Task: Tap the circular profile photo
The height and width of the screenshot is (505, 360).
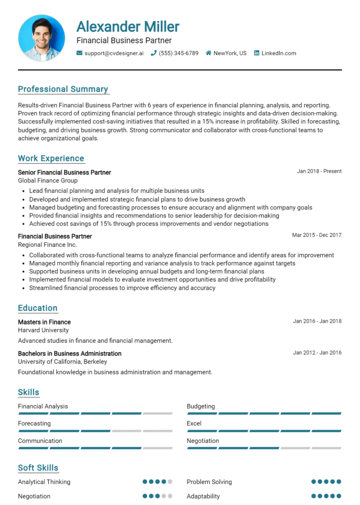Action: pyautogui.click(x=41, y=37)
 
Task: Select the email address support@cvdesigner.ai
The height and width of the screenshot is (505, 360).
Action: pyautogui.click(x=114, y=53)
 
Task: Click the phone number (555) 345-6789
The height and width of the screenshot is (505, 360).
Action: pyautogui.click(x=179, y=53)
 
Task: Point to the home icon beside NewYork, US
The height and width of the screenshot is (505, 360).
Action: pyautogui.click(x=209, y=53)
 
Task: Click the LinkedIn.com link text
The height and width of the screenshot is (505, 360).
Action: pyautogui.click(x=278, y=53)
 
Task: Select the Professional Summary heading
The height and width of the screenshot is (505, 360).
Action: pyautogui.click(x=63, y=89)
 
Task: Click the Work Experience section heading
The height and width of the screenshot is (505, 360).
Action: pyautogui.click(x=51, y=158)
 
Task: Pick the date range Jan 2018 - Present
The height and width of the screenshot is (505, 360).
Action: pyautogui.click(x=319, y=171)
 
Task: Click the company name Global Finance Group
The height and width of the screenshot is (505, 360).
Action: pyautogui.click(x=48, y=180)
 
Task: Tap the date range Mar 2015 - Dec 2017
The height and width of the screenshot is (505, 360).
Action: pyautogui.click(x=317, y=235)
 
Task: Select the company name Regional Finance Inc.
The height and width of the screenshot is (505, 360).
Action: pyautogui.click(x=47, y=245)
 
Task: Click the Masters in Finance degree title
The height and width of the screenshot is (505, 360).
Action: pyautogui.click(x=45, y=322)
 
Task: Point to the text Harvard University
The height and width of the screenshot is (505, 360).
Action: pyautogui.click(x=44, y=330)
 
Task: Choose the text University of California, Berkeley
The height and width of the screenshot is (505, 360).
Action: pyautogui.click(x=62, y=362)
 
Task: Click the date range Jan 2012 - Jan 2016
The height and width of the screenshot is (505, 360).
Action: pyautogui.click(x=317, y=353)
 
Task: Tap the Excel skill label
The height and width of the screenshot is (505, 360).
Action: pyautogui.click(x=194, y=423)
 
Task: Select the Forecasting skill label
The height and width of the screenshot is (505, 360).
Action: pyautogui.click(x=34, y=423)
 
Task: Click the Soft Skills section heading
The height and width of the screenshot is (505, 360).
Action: pyautogui.click(x=38, y=468)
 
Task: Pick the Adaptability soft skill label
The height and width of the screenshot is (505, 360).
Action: pyautogui.click(x=203, y=496)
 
